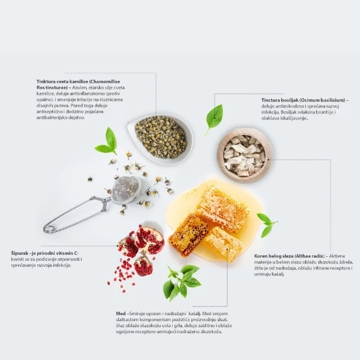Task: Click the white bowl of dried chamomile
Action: [x=161, y=139]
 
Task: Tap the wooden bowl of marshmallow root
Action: [x=245, y=155]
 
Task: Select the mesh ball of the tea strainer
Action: [x=126, y=190]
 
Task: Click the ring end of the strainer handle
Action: [x=49, y=229]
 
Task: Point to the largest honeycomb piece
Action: [x=222, y=208]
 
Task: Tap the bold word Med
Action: [x=121, y=313]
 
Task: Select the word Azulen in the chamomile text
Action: [x=80, y=88]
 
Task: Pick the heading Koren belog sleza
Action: [x=274, y=256]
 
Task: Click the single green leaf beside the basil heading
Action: [x=214, y=119]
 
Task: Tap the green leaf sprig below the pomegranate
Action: [x=181, y=283]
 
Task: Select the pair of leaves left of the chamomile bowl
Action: [x=107, y=143]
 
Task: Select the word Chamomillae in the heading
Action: [x=104, y=82]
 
